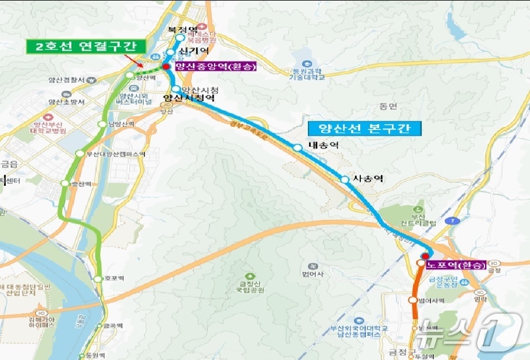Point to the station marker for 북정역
(x=180, y=39)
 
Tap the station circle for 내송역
(x=297, y=148)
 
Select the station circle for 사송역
(x=344, y=180)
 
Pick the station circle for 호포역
(x=98, y=279)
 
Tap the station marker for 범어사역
(x=413, y=300)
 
